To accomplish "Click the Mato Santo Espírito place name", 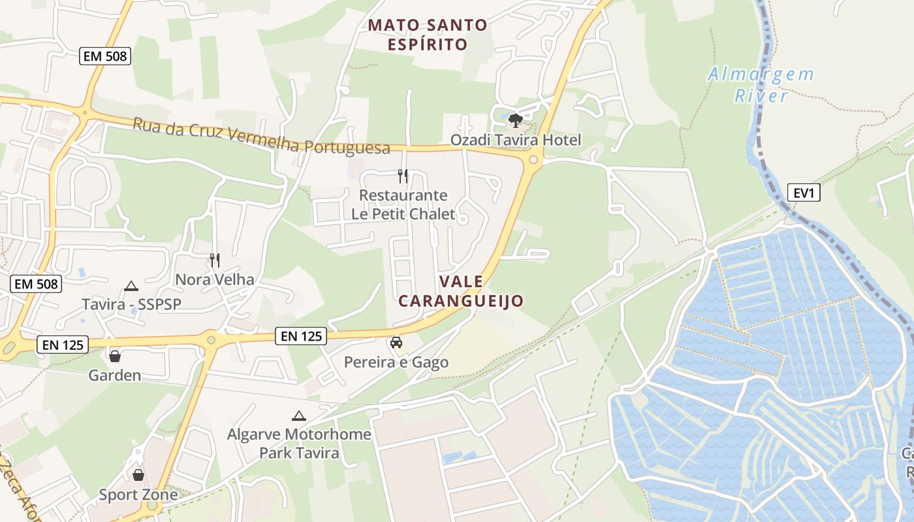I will [428, 35].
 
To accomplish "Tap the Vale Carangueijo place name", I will [461, 291].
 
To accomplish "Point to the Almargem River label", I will [761, 85].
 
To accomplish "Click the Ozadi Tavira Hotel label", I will [515, 140].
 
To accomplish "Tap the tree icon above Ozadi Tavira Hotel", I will [516, 121].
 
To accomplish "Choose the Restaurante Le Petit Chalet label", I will [403, 204].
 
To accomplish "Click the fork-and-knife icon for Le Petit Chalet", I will [403, 176].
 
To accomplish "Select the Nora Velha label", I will [214, 279].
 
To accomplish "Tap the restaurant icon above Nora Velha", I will [214, 260].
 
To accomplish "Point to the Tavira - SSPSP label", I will [131, 304].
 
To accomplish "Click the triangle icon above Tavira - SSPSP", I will [131, 286].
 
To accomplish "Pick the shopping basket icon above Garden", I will [115, 356].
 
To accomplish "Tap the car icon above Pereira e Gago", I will [396, 343].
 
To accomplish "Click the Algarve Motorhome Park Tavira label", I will [299, 443].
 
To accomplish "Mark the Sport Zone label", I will [138, 495].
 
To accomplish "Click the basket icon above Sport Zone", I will [138, 474].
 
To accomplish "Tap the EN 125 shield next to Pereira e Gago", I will [301, 336].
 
